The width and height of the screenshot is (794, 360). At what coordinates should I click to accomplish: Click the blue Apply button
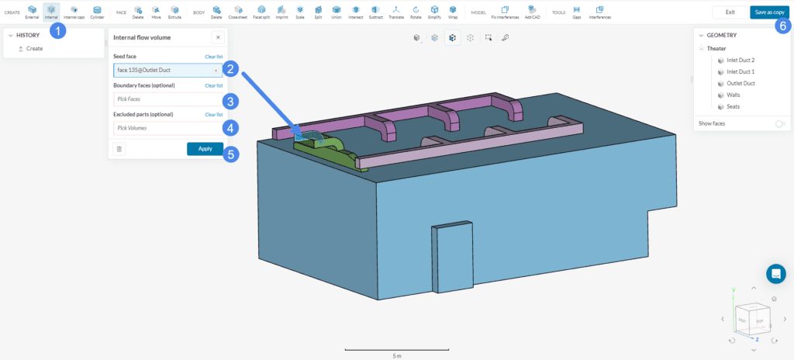point(205,148)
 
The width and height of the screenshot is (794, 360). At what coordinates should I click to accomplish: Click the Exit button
point(730,12)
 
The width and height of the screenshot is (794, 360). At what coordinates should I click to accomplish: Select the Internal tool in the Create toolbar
point(51,12)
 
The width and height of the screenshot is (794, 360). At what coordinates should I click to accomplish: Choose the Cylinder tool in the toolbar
point(97,12)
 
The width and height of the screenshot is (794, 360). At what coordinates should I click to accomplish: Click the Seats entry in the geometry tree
point(733,106)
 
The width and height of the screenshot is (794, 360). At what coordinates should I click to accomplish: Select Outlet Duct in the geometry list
point(740,83)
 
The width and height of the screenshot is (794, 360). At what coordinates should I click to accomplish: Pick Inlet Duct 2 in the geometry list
point(740,60)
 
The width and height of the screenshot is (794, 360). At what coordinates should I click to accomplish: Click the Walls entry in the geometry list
point(733,95)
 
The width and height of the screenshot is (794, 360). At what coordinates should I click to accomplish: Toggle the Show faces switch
point(779,123)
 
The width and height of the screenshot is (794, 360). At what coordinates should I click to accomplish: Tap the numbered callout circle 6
point(782,26)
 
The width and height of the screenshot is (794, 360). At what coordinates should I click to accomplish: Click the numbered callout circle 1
point(57,30)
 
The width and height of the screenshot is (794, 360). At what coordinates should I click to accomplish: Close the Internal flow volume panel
point(217,37)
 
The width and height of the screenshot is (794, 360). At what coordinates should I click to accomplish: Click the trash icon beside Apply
point(119,149)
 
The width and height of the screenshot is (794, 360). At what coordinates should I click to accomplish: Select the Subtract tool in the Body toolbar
point(375,12)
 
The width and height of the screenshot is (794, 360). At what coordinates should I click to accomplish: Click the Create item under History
point(34,48)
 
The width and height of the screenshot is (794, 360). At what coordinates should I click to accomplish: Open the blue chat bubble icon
point(775,273)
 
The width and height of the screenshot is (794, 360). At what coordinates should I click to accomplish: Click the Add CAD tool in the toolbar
point(533,12)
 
